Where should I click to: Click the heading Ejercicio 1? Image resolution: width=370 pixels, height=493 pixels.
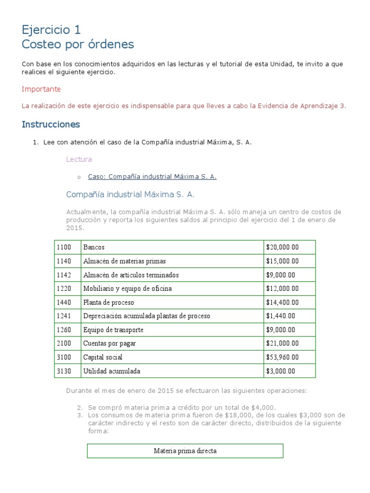coord(51,30)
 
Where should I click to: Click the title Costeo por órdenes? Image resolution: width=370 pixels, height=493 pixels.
coord(78,45)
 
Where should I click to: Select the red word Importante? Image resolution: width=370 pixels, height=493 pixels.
coord(41,89)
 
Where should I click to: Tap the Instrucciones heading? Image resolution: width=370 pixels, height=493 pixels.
coord(51,124)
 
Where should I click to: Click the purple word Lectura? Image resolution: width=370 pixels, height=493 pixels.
coord(79,159)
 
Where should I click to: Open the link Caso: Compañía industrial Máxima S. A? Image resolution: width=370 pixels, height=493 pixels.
coord(152,177)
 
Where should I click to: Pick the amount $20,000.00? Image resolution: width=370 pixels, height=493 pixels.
coord(282,247)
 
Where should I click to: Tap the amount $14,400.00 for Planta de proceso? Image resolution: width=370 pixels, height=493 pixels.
coord(282,302)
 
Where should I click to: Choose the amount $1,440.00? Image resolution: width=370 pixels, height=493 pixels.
coord(280,316)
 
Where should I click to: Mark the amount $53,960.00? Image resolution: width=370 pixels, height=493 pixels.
coord(282,357)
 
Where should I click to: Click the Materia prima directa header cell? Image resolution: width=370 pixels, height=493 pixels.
coord(185,451)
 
